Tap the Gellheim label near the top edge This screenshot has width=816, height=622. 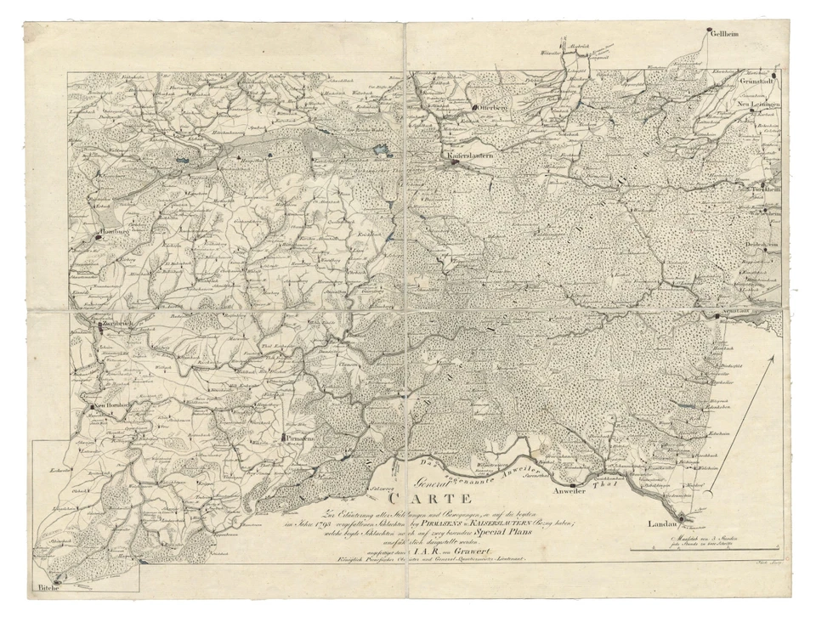point(724,35)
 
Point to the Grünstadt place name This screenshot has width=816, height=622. point(758,82)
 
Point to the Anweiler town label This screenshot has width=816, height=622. point(569,492)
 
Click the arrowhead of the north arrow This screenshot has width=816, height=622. point(773,360)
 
